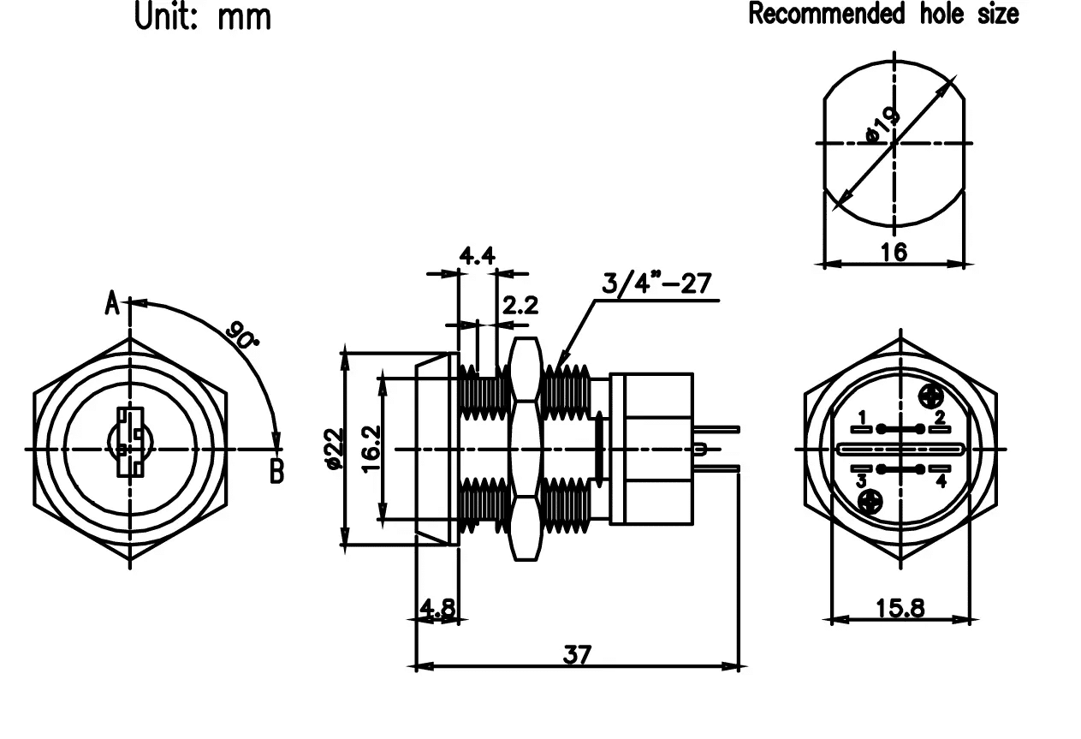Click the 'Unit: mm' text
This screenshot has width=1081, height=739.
(x=204, y=16)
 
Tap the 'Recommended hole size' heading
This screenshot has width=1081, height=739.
(x=883, y=14)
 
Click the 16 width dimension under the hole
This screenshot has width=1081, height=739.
(x=894, y=251)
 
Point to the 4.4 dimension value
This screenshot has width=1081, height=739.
(x=477, y=256)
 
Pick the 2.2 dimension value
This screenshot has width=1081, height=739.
(x=520, y=306)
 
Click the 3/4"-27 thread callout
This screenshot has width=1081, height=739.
(x=656, y=283)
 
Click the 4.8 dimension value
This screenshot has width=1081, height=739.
(x=437, y=608)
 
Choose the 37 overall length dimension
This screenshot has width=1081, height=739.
(x=577, y=655)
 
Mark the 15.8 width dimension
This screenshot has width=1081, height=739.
(x=900, y=608)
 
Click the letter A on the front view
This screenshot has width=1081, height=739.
(x=112, y=303)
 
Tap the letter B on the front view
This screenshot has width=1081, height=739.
(x=276, y=470)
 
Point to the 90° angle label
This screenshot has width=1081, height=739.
(x=243, y=334)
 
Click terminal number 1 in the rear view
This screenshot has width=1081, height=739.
(x=863, y=417)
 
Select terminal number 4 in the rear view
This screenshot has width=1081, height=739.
(x=941, y=480)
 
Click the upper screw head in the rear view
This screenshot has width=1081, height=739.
(x=930, y=395)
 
